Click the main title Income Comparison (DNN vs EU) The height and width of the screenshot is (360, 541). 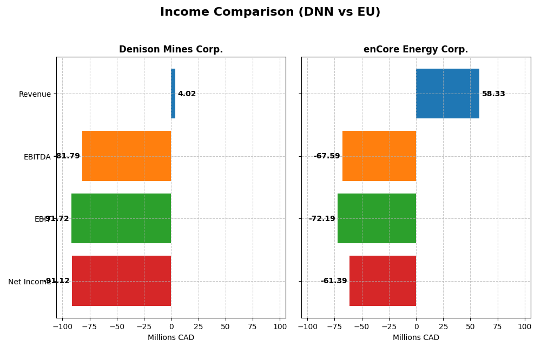click(x=270, y=12)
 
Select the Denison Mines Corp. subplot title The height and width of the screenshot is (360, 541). click(x=170, y=49)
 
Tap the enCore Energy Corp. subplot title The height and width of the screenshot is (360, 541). click(x=415, y=49)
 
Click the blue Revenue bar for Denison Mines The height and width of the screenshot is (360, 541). click(x=173, y=94)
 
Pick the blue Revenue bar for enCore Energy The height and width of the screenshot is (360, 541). click(x=447, y=94)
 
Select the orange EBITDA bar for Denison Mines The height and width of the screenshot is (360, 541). click(x=127, y=156)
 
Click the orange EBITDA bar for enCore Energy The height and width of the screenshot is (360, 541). click(x=379, y=156)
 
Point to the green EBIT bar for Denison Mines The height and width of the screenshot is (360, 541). click(x=121, y=218)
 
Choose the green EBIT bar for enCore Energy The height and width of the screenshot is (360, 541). click(x=377, y=218)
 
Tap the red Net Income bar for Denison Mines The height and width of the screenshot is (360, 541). click(x=121, y=281)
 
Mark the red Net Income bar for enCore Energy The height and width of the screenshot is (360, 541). click(x=382, y=281)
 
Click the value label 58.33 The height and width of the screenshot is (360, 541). click(x=493, y=94)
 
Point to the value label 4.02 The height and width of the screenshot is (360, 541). click(x=187, y=94)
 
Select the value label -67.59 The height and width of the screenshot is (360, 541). click(x=327, y=156)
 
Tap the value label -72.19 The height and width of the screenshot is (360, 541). click(x=322, y=219)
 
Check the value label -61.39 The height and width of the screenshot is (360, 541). click(x=334, y=281)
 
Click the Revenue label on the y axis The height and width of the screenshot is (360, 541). click(x=35, y=94)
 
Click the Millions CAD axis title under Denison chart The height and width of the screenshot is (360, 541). click(x=170, y=337)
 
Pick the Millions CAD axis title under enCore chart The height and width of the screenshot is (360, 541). click(x=415, y=337)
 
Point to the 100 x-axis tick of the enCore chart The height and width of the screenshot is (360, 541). click(x=524, y=326)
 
